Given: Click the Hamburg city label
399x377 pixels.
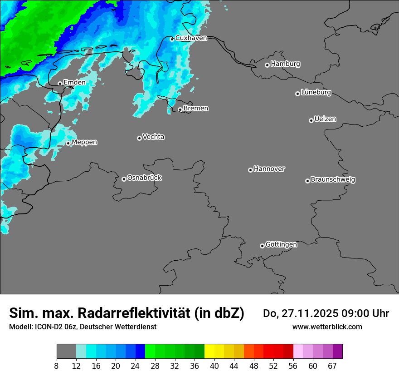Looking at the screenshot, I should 285,64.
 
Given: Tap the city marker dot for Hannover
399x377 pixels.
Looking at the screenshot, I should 250,170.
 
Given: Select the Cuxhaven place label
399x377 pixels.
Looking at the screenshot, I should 191,38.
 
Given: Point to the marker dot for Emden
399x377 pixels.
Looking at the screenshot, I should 60,84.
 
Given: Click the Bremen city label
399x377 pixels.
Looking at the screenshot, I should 196,109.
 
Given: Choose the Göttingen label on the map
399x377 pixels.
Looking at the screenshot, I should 281,245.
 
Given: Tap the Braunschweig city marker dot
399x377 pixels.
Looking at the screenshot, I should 307,181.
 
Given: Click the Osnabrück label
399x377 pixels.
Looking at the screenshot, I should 144,178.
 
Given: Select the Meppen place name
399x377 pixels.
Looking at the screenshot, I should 84,143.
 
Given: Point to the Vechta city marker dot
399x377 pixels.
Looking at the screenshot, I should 139,138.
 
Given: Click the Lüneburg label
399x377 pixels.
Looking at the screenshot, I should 316,93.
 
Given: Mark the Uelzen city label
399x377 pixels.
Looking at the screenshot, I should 325,119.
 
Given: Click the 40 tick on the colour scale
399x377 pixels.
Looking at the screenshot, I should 214,366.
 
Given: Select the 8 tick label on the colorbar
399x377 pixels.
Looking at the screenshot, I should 57,366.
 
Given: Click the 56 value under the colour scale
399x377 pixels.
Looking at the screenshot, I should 293,366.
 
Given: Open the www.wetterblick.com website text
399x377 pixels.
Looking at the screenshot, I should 327,327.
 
